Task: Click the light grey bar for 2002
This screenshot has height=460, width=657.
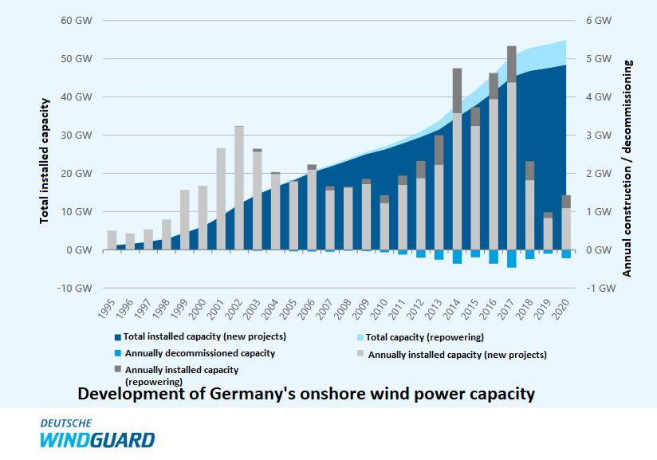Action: (239, 187)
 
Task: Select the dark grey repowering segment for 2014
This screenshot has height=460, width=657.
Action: (457, 90)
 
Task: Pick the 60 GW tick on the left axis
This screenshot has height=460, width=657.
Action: (77, 20)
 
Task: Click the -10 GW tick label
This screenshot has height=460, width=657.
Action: (75, 288)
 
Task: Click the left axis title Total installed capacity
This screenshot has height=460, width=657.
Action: (45, 159)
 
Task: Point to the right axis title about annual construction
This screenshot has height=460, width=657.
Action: (627, 167)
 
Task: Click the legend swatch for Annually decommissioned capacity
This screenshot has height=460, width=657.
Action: (118, 353)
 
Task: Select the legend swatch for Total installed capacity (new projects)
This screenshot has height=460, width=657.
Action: (118, 336)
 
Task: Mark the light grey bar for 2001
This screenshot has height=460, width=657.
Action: (221, 199)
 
